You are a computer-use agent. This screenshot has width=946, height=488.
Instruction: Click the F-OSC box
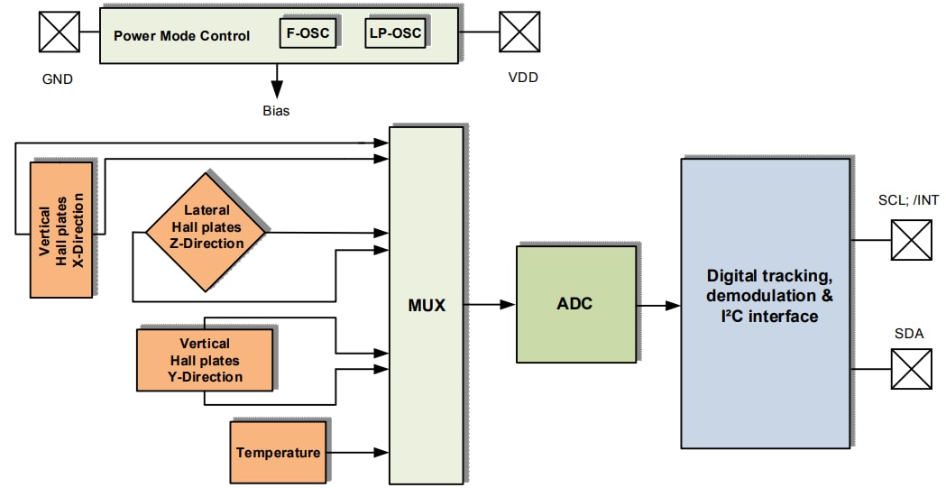click(x=308, y=34)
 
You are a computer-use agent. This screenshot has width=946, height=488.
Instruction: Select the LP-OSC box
click(x=394, y=34)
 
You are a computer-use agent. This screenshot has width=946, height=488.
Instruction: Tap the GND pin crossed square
click(x=59, y=32)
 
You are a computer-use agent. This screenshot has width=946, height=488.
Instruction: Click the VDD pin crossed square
click(x=520, y=32)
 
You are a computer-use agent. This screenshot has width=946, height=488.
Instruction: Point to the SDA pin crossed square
click(x=912, y=369)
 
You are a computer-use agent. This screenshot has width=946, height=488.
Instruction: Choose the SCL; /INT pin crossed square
click(x=912, y=241)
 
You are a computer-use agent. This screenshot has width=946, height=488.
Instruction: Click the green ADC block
click(x=574, y=304)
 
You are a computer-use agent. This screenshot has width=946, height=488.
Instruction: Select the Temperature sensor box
click(x=278, y=452)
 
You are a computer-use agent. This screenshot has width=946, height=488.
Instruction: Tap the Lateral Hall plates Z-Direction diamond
click(x=207, y=231)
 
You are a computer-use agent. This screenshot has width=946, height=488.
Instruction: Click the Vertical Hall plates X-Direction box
click(x=61, y=230)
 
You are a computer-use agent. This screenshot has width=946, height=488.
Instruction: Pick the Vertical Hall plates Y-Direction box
click(x=205, y=360)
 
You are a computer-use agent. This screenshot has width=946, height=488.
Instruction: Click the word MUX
click(x=426, y=305)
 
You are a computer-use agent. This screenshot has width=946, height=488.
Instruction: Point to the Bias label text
click(x=275, y=111)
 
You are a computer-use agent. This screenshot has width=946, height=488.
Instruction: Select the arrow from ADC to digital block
click(x=657, y=305)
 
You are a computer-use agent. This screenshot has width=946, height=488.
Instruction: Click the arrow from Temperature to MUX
click(x=357, y=452)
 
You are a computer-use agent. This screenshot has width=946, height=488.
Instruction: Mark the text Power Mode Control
click(x=181, y=36)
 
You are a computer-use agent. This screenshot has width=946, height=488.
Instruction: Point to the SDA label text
click(x=909, y=333)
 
